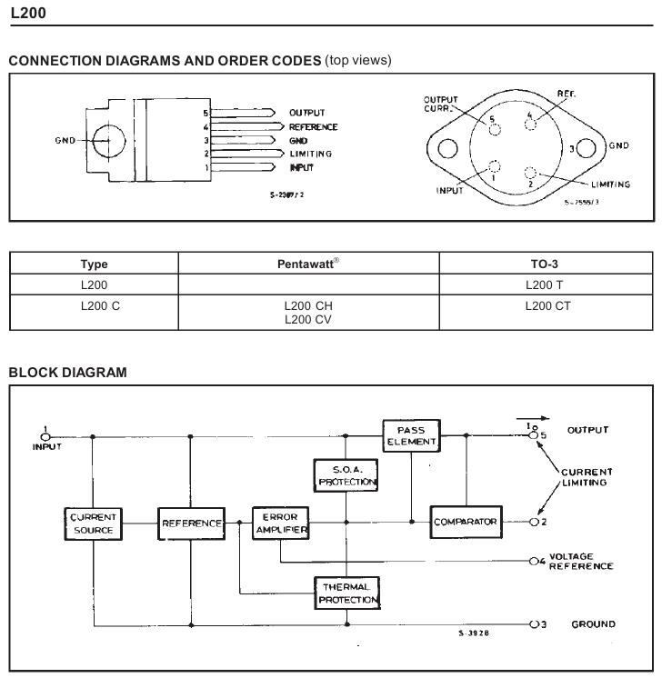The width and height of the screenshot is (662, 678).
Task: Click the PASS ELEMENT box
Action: click(x=411, y=436)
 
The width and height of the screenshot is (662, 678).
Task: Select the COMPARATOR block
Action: click(x=466, y=522)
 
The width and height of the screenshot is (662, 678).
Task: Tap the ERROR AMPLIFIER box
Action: click(x=280, y=523)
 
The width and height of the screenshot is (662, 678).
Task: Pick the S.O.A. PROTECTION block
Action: click(x=346, y=475)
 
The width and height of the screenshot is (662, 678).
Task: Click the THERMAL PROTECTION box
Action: click(x=347, y=593)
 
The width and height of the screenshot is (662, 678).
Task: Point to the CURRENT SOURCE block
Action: click(x=93, y=524)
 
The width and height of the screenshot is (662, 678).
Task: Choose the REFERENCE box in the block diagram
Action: click(x=191, y=523)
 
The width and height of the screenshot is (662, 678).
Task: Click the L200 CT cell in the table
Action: click(x=547, y=306)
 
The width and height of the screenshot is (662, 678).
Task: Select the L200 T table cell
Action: click(x=545, y=285)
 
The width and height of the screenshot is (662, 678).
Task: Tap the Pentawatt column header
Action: click(x=308, y=264)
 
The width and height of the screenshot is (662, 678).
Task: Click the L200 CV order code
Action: click(x=308, y=320)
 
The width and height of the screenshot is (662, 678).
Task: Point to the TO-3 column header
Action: click(x=545, y=264)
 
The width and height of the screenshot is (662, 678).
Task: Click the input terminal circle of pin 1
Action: click(x=45, y=437)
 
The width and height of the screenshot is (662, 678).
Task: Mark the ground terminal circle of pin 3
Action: click(x=534, y=624)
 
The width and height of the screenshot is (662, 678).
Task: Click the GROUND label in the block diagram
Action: click(x=593, y=624)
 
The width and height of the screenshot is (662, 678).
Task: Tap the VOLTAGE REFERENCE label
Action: click(x=581, y=562)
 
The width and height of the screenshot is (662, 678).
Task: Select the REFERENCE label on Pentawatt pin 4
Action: click(x=313, y=127)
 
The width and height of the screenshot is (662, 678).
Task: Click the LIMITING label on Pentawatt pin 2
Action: click(x=311, y=154)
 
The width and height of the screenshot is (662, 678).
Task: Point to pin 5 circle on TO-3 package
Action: click(x=495, y=129)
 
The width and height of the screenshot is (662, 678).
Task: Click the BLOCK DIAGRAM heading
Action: click(x=68, y=373)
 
